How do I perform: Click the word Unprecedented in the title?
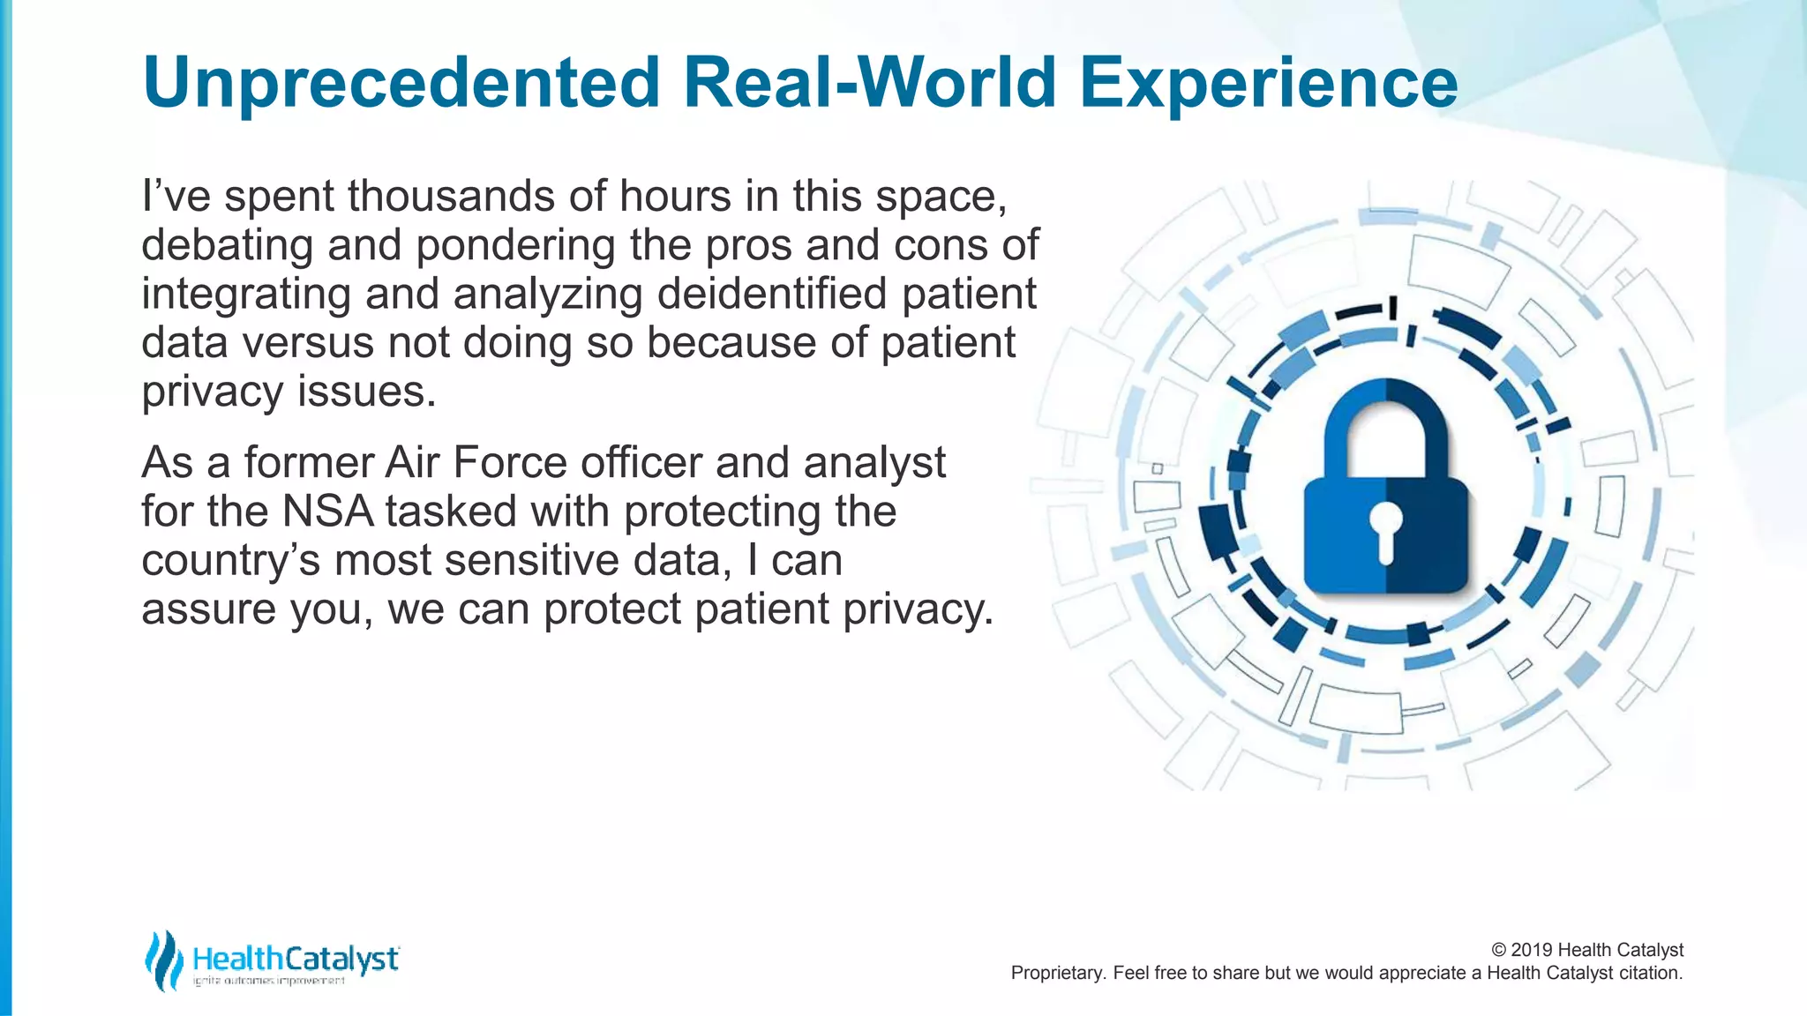pos(401,82)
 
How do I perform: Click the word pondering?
pos(515,245)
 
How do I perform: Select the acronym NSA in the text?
pos(327,512)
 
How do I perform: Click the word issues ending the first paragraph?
pos(366,392)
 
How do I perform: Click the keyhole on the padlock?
pos(1385,530)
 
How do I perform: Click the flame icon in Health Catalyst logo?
pos(163,960)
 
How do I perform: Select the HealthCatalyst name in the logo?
pos(296,959)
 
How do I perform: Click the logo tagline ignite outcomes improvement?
pos(268,982)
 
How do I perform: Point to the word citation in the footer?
pos(1650,973)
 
